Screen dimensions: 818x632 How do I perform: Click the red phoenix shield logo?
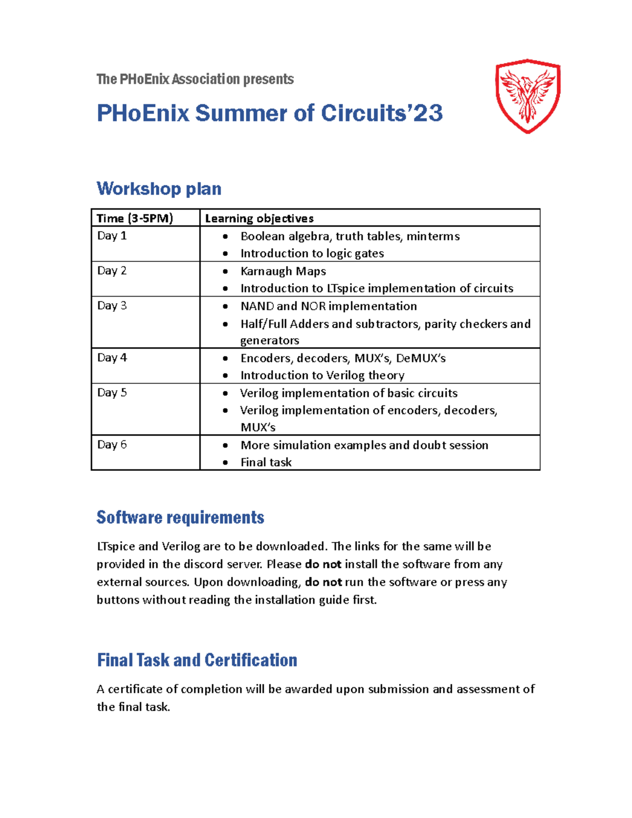click(528, 96)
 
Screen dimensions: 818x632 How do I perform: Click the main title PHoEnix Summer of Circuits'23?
click(269, 113)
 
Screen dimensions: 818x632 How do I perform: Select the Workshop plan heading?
click(159, 189)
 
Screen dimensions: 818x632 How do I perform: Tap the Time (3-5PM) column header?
click(135, 218)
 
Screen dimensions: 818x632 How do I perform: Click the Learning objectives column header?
click(259, 218)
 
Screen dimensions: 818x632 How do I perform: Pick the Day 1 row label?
click(112, 235)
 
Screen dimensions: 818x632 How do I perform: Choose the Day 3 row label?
click(112, 305)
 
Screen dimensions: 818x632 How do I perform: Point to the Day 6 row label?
click(112, 445)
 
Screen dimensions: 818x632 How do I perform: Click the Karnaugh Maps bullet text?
click(283, 271)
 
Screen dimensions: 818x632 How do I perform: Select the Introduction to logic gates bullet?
click(312, 253)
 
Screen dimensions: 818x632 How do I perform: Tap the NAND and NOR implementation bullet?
click(328, 306)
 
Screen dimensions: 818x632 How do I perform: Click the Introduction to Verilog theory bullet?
click(322, 375)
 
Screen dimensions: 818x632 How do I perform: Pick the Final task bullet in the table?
click(266, 462)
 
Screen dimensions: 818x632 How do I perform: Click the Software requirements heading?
click(180, 517)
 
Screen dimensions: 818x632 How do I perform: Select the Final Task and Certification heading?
click(197, 660)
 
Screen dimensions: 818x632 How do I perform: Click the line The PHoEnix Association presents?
click(195, 79)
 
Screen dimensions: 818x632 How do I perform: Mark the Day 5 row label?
click(112, 392)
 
